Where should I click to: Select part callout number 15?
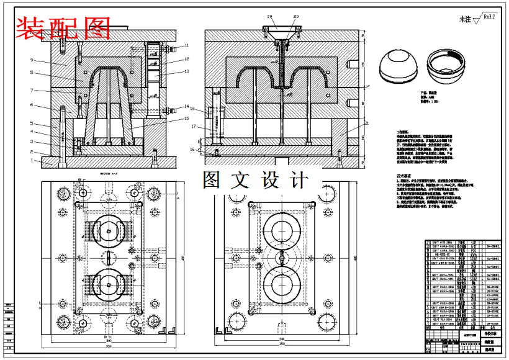[x=187, y=119]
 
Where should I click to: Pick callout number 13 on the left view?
[x=186, y=71]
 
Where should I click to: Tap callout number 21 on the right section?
[x=367, y=124]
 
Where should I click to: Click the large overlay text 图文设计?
[x=255, y=181]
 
